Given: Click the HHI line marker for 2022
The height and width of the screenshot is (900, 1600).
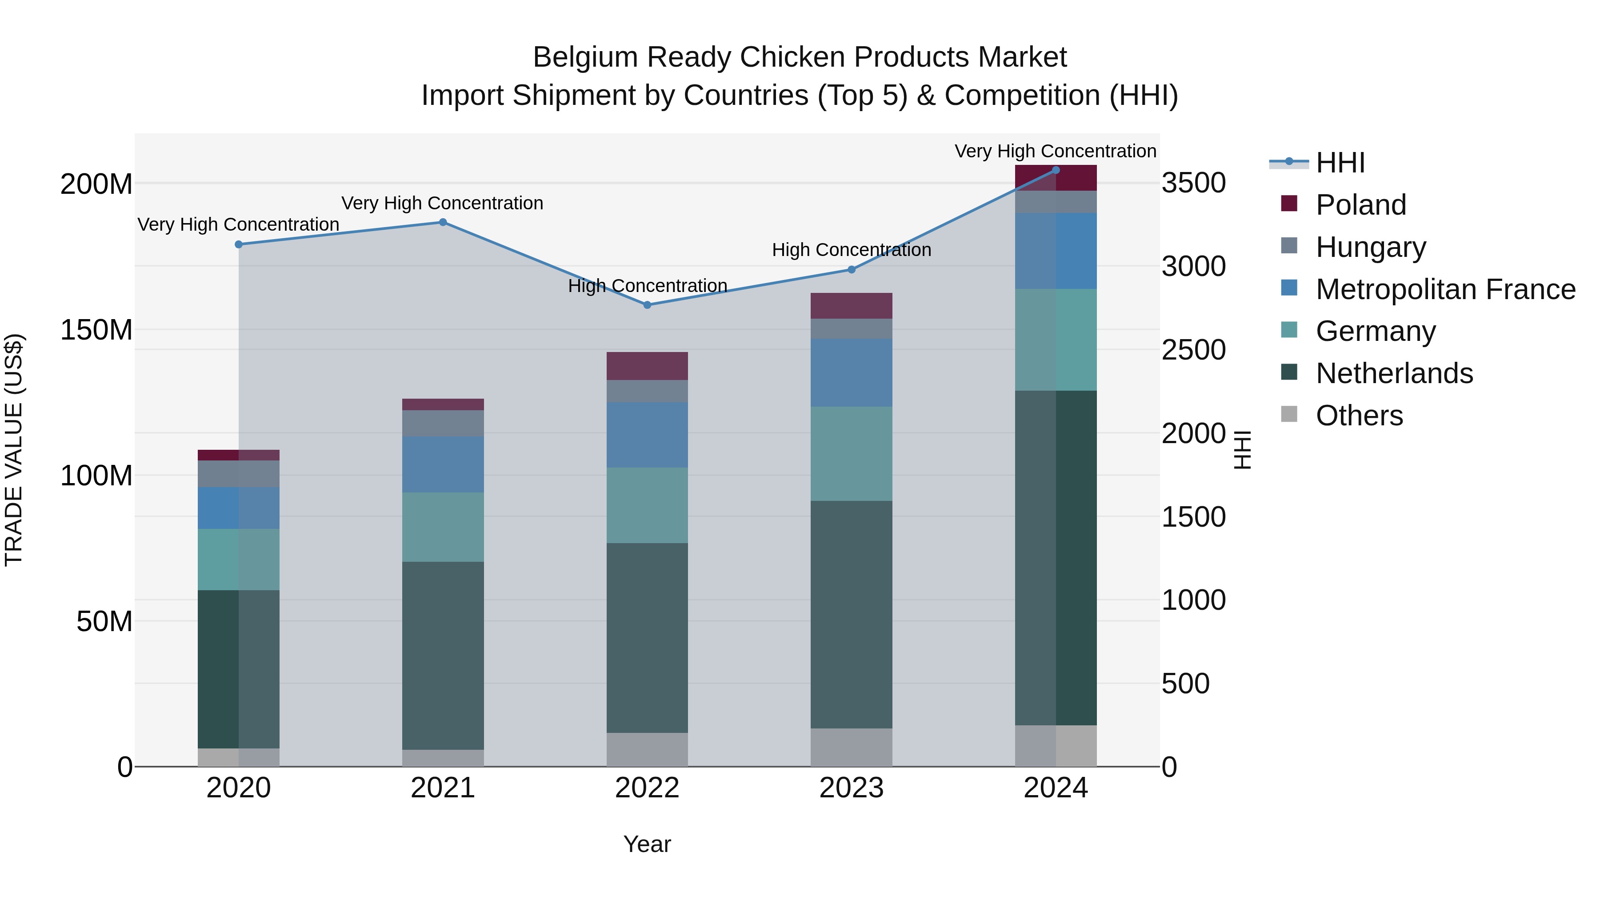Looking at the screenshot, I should (x=647, y=305).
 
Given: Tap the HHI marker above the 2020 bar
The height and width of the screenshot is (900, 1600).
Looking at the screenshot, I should (x=239, y=244).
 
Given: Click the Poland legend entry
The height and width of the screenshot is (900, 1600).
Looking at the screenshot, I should (x=1360, y=205).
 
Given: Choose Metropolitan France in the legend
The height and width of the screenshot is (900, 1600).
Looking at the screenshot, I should (x=1445, y=289).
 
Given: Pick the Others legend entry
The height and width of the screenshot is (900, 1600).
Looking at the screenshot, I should (x=1359, y=416).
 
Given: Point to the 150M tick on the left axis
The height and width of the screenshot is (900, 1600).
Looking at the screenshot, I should (x=96, y=330).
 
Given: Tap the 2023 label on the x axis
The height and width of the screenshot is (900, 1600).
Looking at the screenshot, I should (x=851, y=788).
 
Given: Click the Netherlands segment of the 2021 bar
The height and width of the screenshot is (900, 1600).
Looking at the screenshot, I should (x=443, y=655).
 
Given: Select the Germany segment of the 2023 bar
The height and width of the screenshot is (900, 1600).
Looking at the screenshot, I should (x=851, y=453).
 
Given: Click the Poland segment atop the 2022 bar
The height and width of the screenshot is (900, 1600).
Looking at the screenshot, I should (x=647, y=366).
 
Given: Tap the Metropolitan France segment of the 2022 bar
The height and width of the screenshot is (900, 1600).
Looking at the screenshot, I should (x=647, y=435).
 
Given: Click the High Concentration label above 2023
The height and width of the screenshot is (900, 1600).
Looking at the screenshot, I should (x=851, y=250).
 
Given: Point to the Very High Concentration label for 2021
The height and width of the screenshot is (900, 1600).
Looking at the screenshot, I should (x=442, y=203).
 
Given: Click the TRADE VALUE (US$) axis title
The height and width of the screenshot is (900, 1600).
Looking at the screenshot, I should (x=14, y=450).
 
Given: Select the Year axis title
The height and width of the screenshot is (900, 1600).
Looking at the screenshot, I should (x=647, y=844).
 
